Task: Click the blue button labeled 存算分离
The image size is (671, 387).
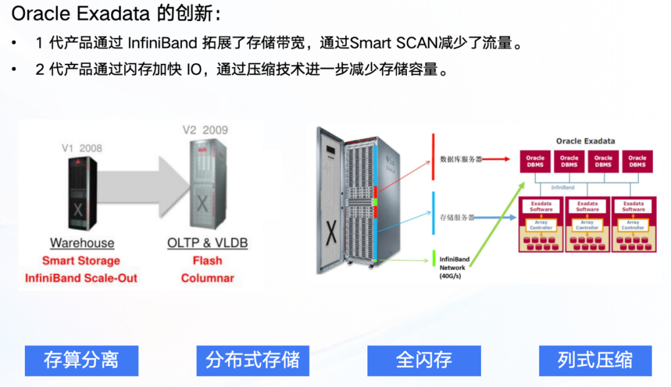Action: pyautogui.click(x=81, y=360)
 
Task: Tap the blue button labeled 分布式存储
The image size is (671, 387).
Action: pyautogui.click(x=253, y=360)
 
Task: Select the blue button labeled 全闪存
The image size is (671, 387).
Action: pyautogui.click(x=424, y=360)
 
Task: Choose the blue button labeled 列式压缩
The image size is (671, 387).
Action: pyautogui.click(x=595, y=360)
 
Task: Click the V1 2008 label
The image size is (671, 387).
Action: pyautogui.click(x=81, y=148)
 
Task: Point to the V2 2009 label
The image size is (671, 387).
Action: pyautogui.click(x=205, y=130)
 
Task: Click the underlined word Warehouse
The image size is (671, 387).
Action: pyautogui.click(x=82, y=243)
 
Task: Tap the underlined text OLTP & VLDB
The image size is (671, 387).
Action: pyautogui.click(x=208, y=243)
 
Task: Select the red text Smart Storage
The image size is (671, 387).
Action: pyautogui.click(x=81, y=261)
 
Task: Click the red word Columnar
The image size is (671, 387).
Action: pyautogui.click(x=208, y=278)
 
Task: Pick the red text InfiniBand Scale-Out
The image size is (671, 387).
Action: pyautogui.click(x=81, y=278)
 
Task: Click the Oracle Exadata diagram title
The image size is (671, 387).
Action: pyautogui.click(x=585, y=141)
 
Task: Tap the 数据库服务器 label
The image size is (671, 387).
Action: pyautogui.click(x=461, y=159)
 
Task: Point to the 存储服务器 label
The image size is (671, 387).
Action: pyautogui.click(x=457, y=217)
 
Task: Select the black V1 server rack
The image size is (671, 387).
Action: pyautogui.click(x=78, y=193)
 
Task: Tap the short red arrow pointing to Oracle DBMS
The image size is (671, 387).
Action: pyautogui.click(x=500, y=159)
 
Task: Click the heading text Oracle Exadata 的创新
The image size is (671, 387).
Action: pyautogui.click(x=115, y=14)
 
